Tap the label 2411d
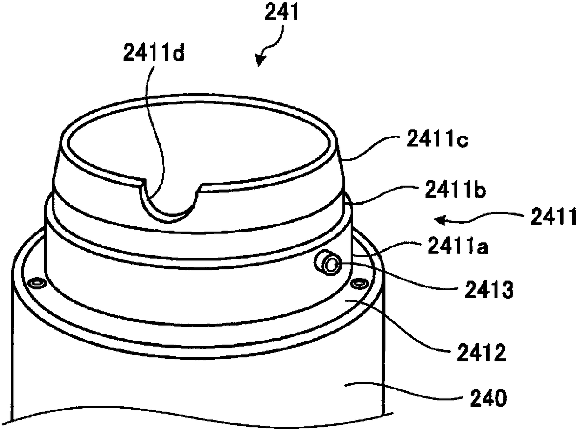[x=154, y=52]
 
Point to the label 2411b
[x=456, y=191]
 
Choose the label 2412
[x=482, y=352]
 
